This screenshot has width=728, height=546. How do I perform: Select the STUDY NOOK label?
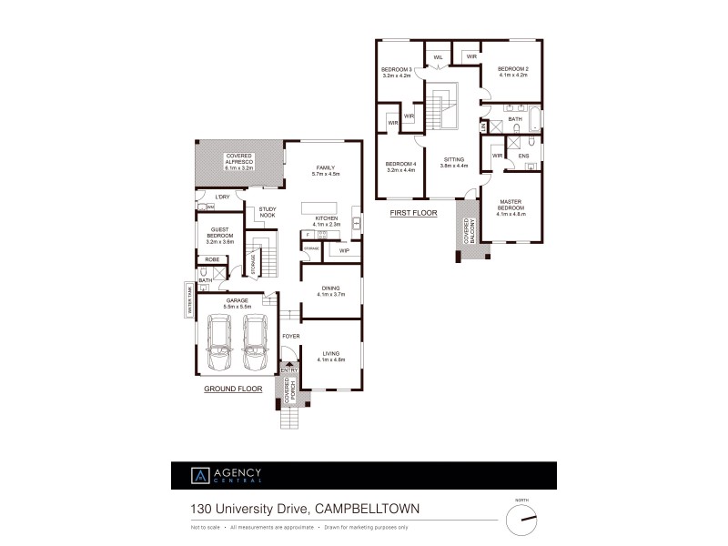coord(267,212)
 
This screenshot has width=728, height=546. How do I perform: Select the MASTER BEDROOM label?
coord(512,207)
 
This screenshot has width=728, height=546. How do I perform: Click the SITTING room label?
coord(452,160)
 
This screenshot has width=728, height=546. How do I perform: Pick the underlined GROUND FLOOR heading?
coord(232,389)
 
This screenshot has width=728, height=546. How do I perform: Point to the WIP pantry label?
coord(344,250)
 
